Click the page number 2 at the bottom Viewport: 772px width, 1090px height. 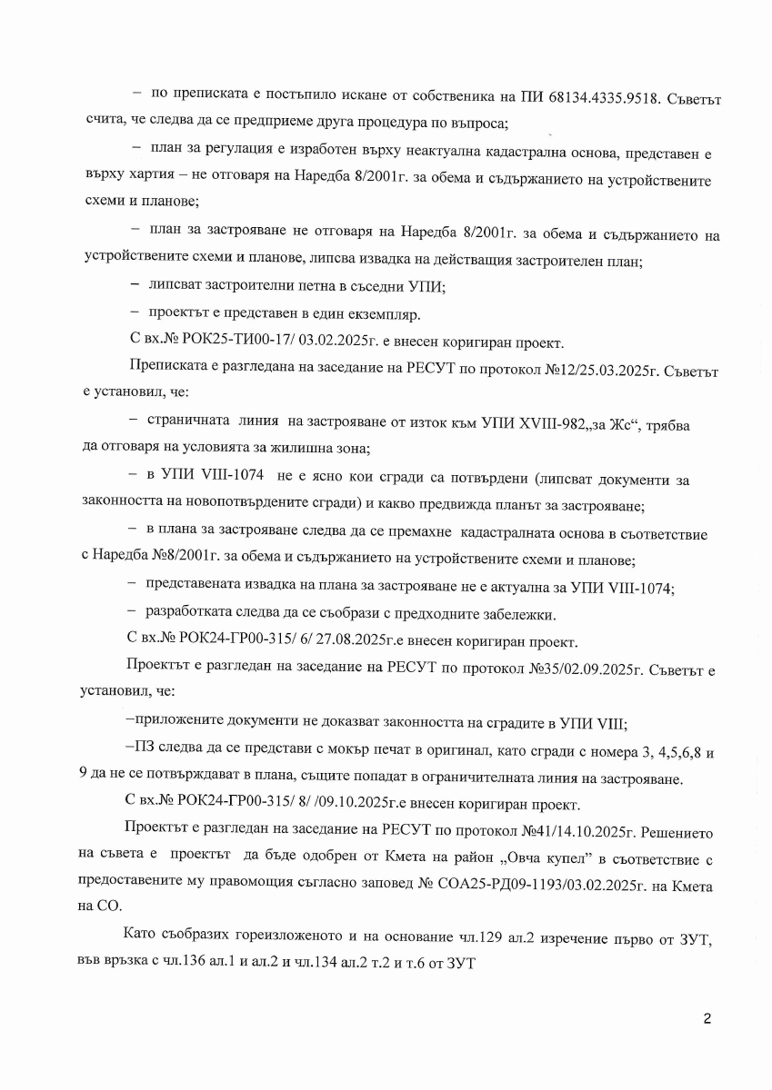click(x=706, y=1018)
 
